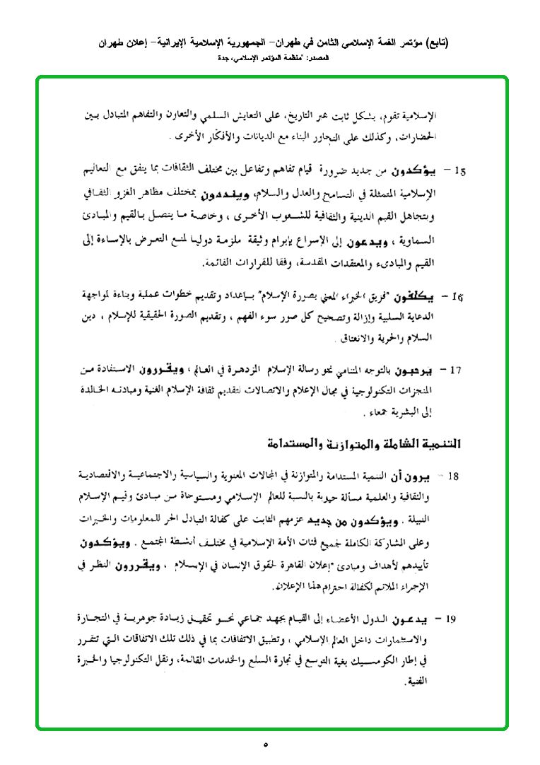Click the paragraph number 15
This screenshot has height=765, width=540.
coord(461,170)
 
